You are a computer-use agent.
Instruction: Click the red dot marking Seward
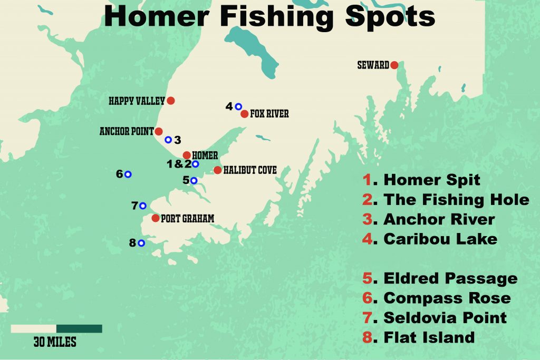tap(394, 65)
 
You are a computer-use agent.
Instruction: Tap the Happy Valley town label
tap(137, 100)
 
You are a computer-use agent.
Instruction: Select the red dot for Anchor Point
tap(159, 131)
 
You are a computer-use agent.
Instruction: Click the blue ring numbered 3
tap(168, 140)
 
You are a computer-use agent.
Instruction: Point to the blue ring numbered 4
tap(238, 106)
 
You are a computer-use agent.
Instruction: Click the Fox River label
tap(269, 114)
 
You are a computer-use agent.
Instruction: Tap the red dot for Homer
tap(187, 155)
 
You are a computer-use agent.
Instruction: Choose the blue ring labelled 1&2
tap(196, 164)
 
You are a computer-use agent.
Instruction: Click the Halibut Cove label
tap(250, 170)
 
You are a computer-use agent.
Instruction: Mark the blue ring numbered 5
tap(194, 180)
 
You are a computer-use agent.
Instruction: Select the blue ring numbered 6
tap(128, 174)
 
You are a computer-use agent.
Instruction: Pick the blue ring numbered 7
tap(142, 206)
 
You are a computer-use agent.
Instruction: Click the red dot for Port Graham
tap(155, 218)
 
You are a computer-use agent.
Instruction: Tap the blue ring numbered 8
tap(141, 243)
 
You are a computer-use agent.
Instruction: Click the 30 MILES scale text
tap(55, 342)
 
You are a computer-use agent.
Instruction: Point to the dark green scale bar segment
tap(79, 328)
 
